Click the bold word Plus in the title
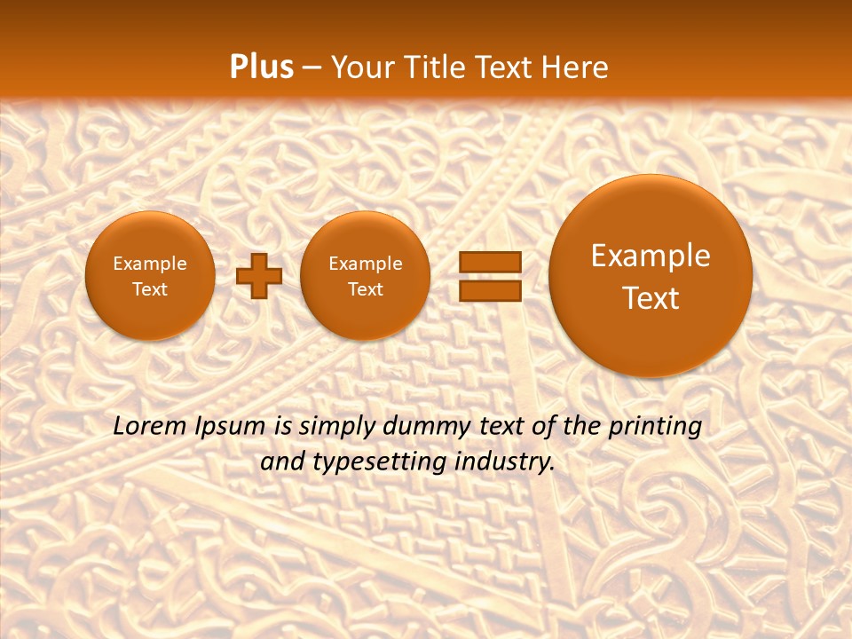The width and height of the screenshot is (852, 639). [x=261, y=67]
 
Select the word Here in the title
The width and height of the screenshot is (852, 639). [x=577, y=67]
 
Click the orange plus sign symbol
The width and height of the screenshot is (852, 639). [x=258, y=276]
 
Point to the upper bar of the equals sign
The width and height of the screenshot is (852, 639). [x=489, y=263]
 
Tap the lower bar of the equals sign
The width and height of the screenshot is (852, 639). [x=489, y=291]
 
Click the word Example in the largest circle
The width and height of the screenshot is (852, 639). [x=651, y=256]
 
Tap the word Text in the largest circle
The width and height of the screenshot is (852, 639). [x=651, y=298]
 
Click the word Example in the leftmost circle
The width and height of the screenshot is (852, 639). [x=150, y=264]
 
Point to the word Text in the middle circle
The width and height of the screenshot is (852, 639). [x=365, y=289]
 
